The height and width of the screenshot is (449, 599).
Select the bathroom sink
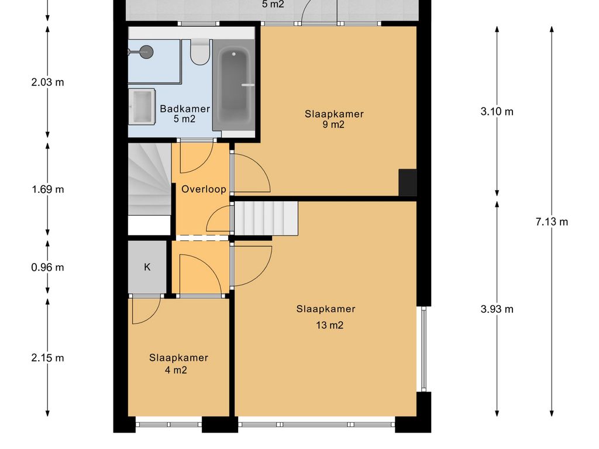click(x=142, y=106)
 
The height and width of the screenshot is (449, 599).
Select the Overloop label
click(x=204, y=189)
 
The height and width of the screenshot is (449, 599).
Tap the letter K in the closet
click(x=147, y=267)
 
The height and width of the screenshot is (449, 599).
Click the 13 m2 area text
click(x=328, y=326)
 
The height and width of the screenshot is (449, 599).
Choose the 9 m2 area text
click(x=333, y=125)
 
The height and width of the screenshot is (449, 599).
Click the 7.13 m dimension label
click(x=552, y=222)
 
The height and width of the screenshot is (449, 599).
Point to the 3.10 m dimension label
click(x=497, y=112)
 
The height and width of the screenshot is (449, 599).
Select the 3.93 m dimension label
click(x=497, y=309)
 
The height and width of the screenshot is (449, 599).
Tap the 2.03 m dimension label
click(x=47, y=82)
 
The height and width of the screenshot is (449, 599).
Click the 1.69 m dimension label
click(x=47, y=189)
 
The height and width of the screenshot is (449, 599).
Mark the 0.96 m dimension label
click(x=47, y=268)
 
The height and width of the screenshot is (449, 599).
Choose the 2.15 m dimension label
click(x=47, y=358)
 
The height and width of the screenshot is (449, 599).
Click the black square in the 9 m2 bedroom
click(x=408, y=182)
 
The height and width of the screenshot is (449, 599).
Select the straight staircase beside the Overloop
click(x=266, y=218)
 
